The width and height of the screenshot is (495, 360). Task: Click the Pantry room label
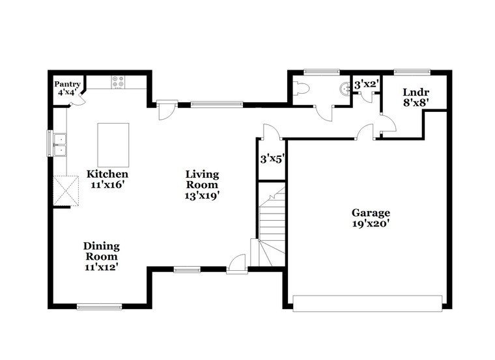(67, 89)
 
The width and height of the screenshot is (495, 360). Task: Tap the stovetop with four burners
(119, 82)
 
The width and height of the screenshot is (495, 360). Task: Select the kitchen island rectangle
(113, 145)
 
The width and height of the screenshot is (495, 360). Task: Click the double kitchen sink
(60, 145)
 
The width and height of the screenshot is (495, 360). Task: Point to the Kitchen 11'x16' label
(107, 179)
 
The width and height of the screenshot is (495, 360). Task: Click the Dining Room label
(102, 256)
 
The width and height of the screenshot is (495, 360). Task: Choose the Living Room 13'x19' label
(202, 185)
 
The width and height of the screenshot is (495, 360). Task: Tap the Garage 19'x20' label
(371, 218)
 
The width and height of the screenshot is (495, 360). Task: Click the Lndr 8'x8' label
(416, 98)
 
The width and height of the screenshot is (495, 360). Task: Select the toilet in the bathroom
(300, 88)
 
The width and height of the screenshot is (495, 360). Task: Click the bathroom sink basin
(344, 89)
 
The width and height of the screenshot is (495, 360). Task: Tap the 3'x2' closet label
(366, 85)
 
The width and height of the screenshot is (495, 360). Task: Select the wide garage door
(367, 303)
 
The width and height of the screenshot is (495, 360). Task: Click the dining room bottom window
(100, 307)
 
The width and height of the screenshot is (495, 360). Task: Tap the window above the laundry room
(412, 72)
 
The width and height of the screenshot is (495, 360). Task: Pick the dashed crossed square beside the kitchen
(66, 191)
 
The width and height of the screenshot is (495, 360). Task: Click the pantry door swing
(78, 100)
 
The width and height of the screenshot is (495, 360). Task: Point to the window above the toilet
(322, 72)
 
